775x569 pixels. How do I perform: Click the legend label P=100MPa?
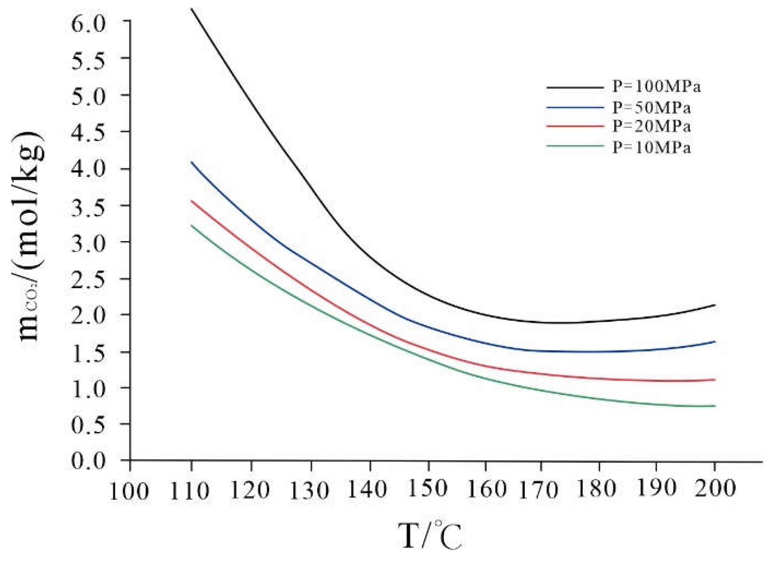click(x=656, y=87)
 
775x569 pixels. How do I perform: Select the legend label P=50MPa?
click(x=651, y=108)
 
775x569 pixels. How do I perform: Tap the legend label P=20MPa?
click(x=651, y=127)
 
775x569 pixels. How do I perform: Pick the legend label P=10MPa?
click(x=651, y=148)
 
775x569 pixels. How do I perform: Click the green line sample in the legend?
click(x=575, y=146)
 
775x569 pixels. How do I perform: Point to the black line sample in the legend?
click(x=575, y=87)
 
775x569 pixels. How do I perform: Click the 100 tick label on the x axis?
click(x=129, y=491)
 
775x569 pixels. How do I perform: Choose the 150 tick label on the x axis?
click(x=428, y=488)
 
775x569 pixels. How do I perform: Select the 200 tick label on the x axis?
click(x=715, y=488)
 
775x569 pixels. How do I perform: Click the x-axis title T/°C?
click(x=430, y=535)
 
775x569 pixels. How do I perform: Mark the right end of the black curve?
click(x=715, y=305)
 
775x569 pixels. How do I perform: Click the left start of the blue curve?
click(x=191, y=162)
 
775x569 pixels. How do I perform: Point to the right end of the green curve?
click(x=715, y=406)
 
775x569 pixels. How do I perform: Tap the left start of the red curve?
click(x=191, y=201)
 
